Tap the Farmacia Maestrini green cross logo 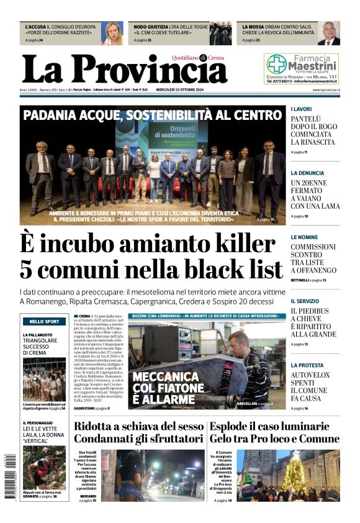click(276, 63)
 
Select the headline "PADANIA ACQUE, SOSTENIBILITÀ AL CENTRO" click(153, 115)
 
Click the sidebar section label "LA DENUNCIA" click(307, 173)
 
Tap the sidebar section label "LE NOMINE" click(304, 237)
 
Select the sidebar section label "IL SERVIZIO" click(306, 301)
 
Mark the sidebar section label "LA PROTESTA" click(307, 365)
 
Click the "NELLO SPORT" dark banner click(44, 322)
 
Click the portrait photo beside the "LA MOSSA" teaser click(329, 33)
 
